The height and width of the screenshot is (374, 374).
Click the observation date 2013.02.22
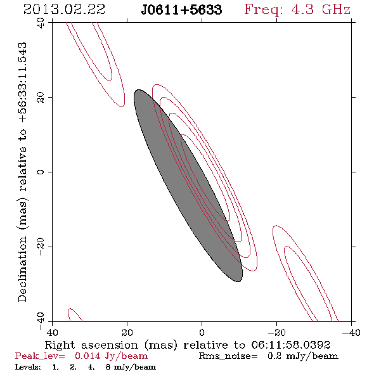click(x=64, y=10)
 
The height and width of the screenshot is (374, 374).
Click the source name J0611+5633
click(x=181, y=10)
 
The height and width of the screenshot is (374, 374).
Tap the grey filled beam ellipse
click(x=188, y=186)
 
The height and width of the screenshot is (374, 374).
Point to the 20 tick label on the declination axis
click(x=41, y=98)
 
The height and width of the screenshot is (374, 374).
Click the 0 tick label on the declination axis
click(x=41, y=172)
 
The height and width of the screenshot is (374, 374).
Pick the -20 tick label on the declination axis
click(x=41, y=247)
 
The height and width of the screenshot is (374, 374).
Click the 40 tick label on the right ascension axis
click(x=53, y=332)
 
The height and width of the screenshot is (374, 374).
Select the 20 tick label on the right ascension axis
click(x=127, y=332)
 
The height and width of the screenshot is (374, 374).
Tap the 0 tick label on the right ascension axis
click(x=202, y=332)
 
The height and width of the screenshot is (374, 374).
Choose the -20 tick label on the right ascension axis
click(x=276, y=332)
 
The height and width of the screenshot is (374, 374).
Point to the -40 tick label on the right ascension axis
click(x=351, y=332)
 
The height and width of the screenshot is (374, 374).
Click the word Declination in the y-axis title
click(x=22, y=269)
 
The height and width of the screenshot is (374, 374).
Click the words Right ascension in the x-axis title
click(x=91, y=345)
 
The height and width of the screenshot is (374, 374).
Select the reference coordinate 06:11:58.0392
click(x=291, y=345)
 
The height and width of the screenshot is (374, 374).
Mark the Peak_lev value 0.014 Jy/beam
click(x=112, y=356)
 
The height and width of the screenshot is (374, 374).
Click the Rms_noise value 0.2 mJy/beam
click(x=303, y=356)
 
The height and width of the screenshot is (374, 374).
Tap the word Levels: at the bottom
click(x=28, y=367)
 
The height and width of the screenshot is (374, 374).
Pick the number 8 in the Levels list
click(x=108, y=367)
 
